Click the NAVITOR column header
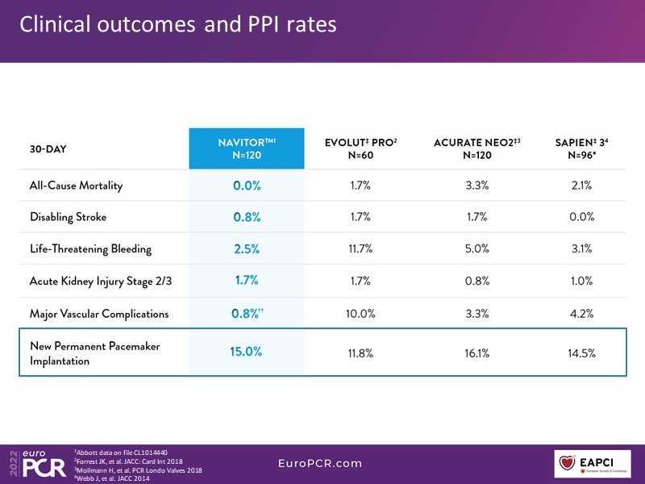click(247, 148)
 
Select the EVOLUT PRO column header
click(360, 148)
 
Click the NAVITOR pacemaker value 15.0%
click(247, 353)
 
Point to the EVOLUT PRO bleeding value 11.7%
click(360, 248)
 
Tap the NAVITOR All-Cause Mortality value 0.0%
click(247, 186)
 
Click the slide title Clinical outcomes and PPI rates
click(177, 25)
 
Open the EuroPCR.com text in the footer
click(320, 464)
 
